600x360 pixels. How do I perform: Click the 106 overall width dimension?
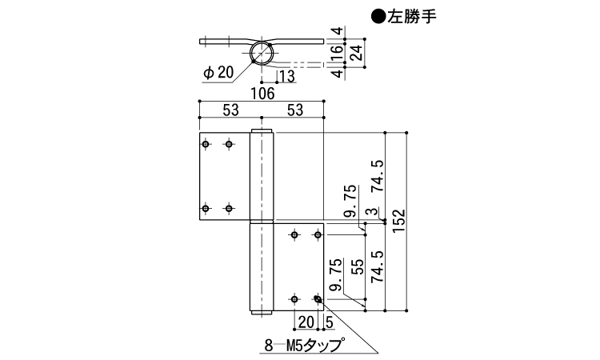click(262, 94)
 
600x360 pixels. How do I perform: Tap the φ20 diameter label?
click(218, 72)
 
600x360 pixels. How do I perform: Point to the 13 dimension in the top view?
click(287, 76)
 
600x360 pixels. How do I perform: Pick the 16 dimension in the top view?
click(338, 53)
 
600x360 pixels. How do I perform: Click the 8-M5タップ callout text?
click(303, 346)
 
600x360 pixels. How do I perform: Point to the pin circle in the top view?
click(262, 53)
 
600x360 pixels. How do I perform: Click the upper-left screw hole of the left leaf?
click(206, 144)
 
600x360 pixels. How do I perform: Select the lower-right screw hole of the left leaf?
click(230, 209)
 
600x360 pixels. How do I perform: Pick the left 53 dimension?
click(230, 110)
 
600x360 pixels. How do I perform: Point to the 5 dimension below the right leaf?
click(330, 321)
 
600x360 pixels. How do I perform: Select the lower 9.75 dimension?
click(337, 274)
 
